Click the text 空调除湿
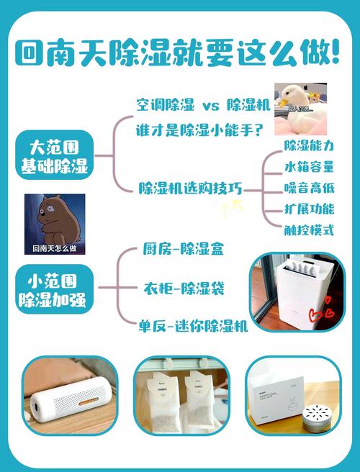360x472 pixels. coord(166,105)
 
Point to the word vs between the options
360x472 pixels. coord(210,106)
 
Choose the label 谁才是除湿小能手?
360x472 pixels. coord(199,130)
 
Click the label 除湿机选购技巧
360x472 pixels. coord(190,189)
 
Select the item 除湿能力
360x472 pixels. coord(310,146)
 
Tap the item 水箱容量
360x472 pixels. coord(310,167)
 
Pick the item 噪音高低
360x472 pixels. coord(310,188)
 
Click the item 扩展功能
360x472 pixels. coord(310,209)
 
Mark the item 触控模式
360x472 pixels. coord(310,230)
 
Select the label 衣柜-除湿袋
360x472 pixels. coord(184,289)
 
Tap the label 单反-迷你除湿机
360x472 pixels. coord(193,326)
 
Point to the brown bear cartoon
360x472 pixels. coord(54,219)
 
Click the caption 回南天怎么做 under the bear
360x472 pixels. coord(55,248)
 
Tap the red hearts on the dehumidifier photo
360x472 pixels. coord(316,314)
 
